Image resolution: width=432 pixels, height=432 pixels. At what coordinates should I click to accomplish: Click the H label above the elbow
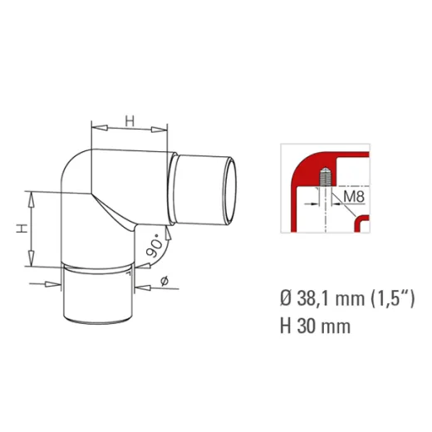[x=130, y=121]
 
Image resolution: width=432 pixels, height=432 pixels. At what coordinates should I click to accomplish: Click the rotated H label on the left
[x=22, y=228]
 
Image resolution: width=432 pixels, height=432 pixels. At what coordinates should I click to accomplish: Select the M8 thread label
[x=354, y=197]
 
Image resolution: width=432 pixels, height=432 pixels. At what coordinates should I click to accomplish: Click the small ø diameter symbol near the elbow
[x=164, y=281]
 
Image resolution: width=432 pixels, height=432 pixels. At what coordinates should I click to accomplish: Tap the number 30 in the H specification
[x=307, y=326]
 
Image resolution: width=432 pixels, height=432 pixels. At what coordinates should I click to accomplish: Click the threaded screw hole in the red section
[x=325, y=177]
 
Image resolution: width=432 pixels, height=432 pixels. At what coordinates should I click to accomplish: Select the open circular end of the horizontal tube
[x=230, y=191]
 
